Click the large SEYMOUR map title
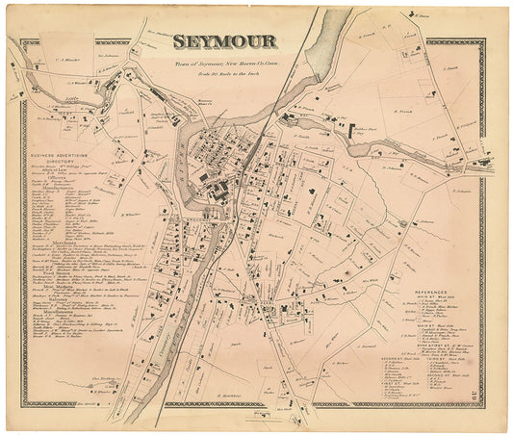tap(224, 40)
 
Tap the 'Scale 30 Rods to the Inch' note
tap(227, 70)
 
